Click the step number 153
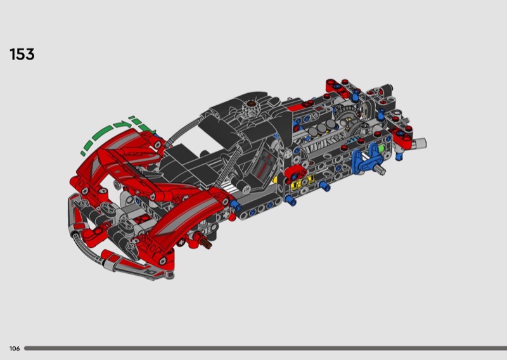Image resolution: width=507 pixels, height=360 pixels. [x=22, y=55]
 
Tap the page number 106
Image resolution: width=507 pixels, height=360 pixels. [x=15, y=349]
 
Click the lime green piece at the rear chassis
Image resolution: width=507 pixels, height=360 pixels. [x=382, y=149]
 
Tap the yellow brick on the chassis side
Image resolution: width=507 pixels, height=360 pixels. [x=302, y=183]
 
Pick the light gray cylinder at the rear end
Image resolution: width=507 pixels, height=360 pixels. [x=420, y=143]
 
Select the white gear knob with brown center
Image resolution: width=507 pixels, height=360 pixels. [x=250, y=108]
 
